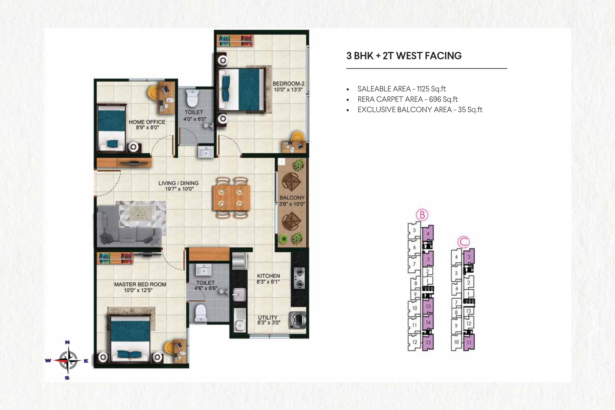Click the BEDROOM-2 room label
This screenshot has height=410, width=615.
click(288, 83)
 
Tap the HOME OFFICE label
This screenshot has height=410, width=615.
click(147, 122)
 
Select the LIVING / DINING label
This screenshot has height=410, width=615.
click(178, 183)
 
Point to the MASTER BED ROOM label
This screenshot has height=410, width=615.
click(140, 284)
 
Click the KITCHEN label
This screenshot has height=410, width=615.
click(268, 276)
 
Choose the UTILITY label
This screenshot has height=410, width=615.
click(268, 317)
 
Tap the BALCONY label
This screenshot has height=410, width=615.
click(292, 198)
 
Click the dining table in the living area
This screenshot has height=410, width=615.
click(231, 198)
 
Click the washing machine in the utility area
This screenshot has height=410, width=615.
click(298, 320)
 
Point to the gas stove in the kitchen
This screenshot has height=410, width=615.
click(299, 278)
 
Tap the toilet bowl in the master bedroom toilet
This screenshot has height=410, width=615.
click(201, 313)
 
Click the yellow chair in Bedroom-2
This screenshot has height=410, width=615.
click(298, 137)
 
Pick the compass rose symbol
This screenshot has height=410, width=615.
click(67, 360)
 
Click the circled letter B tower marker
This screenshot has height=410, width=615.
click(422, 215)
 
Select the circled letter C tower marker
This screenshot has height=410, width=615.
click(464, 242)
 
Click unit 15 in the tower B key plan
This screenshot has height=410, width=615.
click(428, 306)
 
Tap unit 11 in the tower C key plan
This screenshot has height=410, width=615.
click(469, 342)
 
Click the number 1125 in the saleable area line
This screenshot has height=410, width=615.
click(423, 89)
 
